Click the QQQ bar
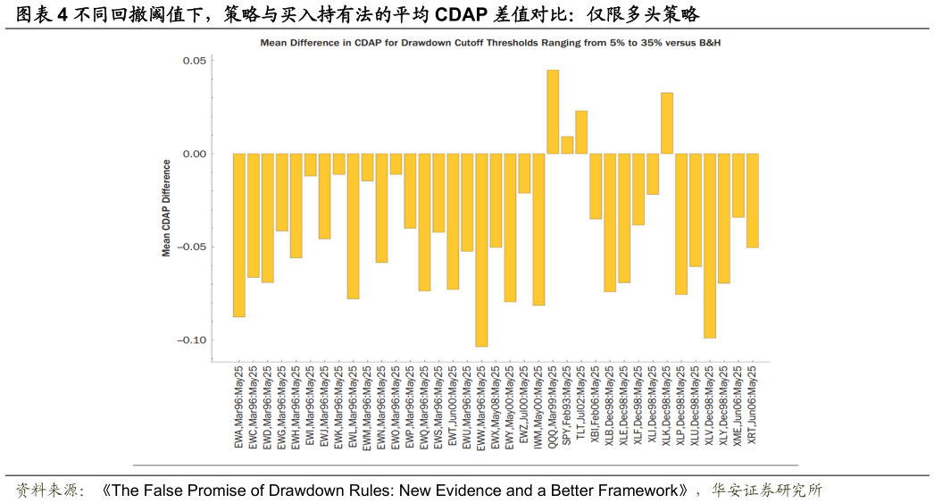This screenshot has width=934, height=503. pyautogui.click(x=553, y=112)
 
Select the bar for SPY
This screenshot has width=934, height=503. pyautogui.click(x=567, y=145)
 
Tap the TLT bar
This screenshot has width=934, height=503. pyautogui.click(x=581, y=132)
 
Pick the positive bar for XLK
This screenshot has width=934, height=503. pyautogui.click(x=667, y=123)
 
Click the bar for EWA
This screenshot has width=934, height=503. pyautogui.click(x=239, y=235)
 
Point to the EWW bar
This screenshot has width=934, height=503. pyautogui.click(x=481, y=249)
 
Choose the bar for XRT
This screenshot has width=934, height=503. pyautogui.click(x=753, y=200)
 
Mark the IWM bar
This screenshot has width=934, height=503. pyautogui.click(x=538, y=230)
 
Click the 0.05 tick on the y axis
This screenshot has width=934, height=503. pyautogui.click(x=195, y=61)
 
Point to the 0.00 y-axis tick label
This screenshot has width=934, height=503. pyautogui.click(x=195, y=154)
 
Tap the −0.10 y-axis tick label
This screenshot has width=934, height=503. pyautogui.click(x=192, y=340)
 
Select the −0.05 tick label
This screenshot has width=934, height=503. pyautogui.click(x=192, y=247)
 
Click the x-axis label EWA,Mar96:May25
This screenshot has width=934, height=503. pyautogui.click(x=239, y=406)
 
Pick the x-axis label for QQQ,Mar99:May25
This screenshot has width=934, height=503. pyautogui.click(x=553, y=406)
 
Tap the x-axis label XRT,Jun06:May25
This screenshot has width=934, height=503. pyautogui.click(x=753, y=405)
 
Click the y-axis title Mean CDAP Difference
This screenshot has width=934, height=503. pyautogui.click(x=166, y=208)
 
